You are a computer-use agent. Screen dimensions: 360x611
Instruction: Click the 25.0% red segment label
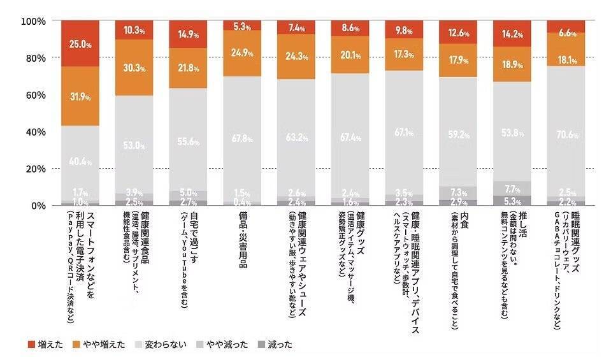pyautogui.click(x=80, y=45)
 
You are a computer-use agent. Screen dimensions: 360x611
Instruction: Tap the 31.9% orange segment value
pyautogui.click(x=80, y=97)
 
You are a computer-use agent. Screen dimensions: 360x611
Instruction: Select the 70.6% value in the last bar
pyautogui.click(x=566, y=134)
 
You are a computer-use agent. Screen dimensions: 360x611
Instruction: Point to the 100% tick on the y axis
pyautogui.click(x=32, y=21)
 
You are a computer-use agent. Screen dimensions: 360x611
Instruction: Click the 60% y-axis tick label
pyautogui.click(x=34, y=95)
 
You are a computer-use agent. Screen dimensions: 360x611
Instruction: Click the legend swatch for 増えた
pyautogui.click(x=31, y=345)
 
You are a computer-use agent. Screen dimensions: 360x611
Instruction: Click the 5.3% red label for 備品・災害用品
pyautogui.click(x=242, y=26)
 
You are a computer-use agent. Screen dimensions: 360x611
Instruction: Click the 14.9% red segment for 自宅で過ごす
pyautogui.click(x=188, y=35)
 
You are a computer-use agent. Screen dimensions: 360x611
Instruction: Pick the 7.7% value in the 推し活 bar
pyautogui.click(x=512, y=189)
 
